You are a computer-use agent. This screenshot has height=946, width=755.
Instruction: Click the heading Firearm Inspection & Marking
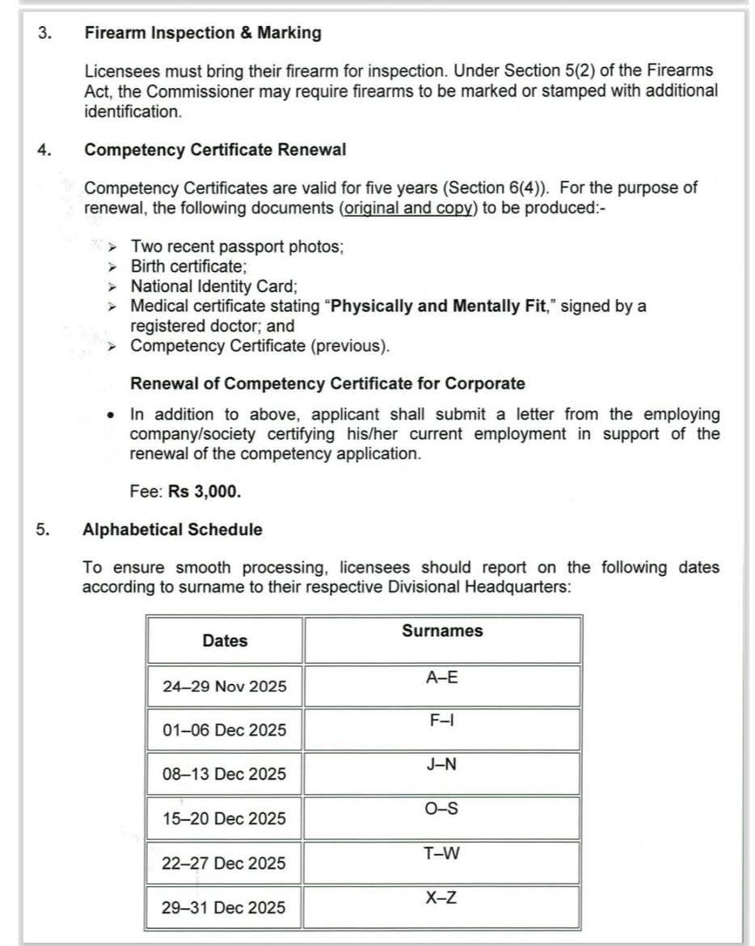pos(202,33)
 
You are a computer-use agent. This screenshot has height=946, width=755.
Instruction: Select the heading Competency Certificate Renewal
pos(215,150)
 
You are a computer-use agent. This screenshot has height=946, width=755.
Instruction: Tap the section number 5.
pos(42,530)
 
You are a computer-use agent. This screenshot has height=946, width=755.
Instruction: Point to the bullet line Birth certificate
pos(189,266)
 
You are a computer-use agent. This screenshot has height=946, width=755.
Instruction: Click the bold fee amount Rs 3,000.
pos(205,491)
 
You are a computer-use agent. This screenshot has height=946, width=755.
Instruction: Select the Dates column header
pos(225,641)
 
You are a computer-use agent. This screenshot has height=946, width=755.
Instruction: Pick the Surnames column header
pos(441,631)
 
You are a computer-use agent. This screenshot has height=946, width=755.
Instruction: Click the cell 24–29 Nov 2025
pos(225,686)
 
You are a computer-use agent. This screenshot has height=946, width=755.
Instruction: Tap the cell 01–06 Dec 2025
pos(225,730)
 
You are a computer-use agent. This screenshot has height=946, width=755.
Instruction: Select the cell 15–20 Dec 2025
pos(225,819)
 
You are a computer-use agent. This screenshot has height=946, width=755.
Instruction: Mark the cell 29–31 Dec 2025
pos(224,907)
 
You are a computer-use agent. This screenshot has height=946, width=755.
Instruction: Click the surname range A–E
pos(441,678)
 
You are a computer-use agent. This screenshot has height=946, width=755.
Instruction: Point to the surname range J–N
pos(441,764)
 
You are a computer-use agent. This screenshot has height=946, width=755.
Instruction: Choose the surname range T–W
pos(441,853)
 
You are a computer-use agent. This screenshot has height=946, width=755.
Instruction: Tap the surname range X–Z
pos(441,897)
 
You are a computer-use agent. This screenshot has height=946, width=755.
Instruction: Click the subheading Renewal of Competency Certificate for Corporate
pos(327,383)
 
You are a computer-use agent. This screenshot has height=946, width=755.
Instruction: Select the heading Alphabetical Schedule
pos(172,530)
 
